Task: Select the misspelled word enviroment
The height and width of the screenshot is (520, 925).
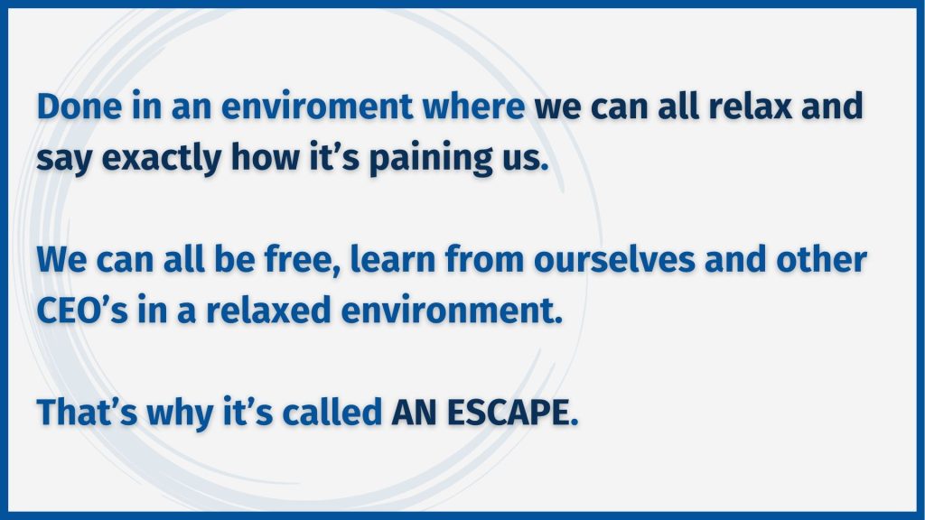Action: click(317, 107)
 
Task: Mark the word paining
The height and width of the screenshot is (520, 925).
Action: click(431, 159)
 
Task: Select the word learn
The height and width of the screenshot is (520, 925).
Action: click(393, 259)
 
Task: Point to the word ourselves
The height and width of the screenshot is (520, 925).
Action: click(614, 259)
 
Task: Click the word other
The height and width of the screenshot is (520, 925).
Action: click(821, 259)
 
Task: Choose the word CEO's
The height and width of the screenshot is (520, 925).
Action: click(82, 311)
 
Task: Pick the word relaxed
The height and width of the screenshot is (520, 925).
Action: click(267, 311)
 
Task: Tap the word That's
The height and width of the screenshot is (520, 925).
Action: click(87, 412)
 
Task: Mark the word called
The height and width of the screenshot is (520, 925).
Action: click(332, 412)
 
